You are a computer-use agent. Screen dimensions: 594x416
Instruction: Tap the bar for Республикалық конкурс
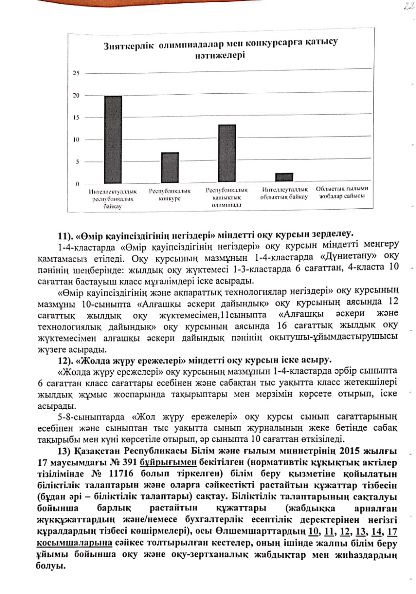pos(170,168)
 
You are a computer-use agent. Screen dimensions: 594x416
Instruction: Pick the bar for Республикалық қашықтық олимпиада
pos(226,154)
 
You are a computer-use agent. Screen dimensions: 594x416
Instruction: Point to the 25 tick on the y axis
pos(77,73)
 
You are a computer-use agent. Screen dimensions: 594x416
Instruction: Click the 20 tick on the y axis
pos(77,96)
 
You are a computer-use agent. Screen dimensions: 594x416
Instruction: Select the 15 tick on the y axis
pos(77,118)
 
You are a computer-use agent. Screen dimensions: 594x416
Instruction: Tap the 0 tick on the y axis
pos(78,184)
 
